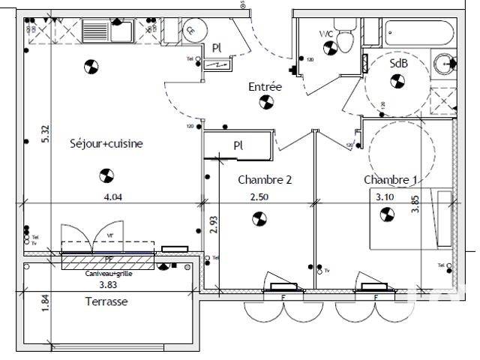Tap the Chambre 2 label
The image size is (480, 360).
(x=264, y=180)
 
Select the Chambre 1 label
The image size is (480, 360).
(x=391, y=180)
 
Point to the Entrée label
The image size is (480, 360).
(x=265, y=88)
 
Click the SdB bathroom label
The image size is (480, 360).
(x=398, y=64)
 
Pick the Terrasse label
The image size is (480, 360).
(x=106, y=301)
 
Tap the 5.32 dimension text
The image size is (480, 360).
(x=46, y=133)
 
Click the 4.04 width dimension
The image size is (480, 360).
(x=112, y=197)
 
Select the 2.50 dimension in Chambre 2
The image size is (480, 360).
(x=259, y=197)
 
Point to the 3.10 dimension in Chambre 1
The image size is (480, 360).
(x=385, y=197)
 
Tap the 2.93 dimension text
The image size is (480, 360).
(x=213, y=225)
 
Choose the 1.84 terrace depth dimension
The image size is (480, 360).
(x=46, y=304)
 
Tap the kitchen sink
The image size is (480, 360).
(x=97, y=31)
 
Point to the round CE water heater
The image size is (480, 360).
(x=191, y=30)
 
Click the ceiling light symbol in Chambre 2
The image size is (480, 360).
(x=259, y=219)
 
